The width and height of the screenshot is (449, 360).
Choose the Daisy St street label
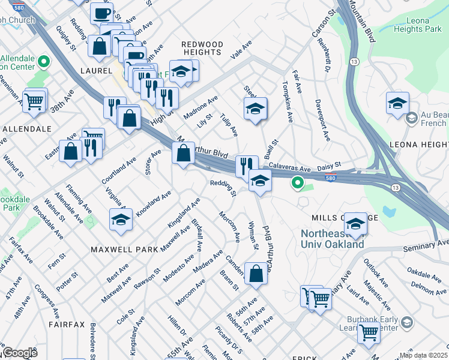point(329,164)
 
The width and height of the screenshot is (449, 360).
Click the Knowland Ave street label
point(154,203)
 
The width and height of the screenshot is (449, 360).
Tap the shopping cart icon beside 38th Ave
point(34,100)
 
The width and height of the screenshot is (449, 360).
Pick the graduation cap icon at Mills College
point(356,223)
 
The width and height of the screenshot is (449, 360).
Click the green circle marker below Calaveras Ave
point(297,182)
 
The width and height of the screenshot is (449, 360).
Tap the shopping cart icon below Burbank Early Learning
point(368,331)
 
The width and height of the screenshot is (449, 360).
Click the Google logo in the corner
point(20,353)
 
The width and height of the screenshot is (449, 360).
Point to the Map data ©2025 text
point(423,355)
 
